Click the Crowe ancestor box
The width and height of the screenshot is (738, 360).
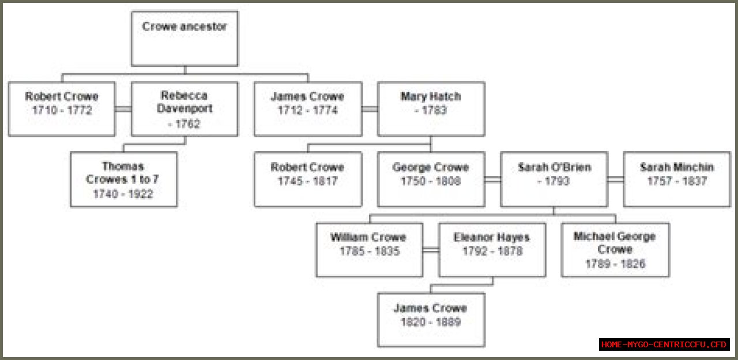point(184,38)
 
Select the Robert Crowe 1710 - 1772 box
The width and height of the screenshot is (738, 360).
point(62,108)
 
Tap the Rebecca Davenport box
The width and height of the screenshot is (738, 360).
point(184,108)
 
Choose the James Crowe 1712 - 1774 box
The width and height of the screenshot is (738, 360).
point(308,108)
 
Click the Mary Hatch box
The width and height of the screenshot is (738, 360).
point(431,108)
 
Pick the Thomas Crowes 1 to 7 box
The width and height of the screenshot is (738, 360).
point(123,179)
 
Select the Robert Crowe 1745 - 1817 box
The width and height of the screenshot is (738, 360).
point(308,179)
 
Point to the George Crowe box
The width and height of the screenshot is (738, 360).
point(431,179)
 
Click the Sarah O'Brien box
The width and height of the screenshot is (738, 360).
point(553,179)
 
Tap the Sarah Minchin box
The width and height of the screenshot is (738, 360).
point(677,179)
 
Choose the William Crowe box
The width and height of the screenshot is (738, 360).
point(369,249)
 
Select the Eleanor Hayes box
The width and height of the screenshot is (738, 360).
point(492,249)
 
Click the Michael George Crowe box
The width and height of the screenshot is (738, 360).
point(615,249)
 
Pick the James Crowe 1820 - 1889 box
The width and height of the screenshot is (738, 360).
point(431,320)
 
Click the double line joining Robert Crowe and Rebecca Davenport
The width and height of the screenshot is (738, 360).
point(123,108)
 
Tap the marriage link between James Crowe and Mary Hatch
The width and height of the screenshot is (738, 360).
point(370,108)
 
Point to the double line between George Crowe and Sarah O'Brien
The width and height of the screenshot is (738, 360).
point(492,180)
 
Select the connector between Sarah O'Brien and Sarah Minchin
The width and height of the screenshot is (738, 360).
point(615,180)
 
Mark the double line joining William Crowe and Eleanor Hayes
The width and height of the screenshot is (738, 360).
point(431,250)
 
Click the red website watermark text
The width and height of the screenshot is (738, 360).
point(664,344)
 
